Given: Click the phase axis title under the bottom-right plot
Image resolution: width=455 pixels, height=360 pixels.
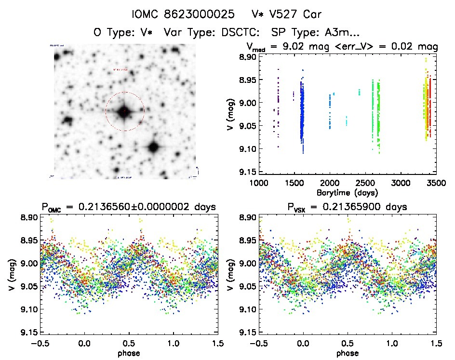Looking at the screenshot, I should pyautogui.click(x=347, y=353).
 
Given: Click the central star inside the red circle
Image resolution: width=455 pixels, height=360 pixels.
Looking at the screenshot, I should pyautogui.click(x=125, y=111).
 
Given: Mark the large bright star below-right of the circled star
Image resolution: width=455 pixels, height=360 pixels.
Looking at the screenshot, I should pyautogui.click(x=153, y=147).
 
